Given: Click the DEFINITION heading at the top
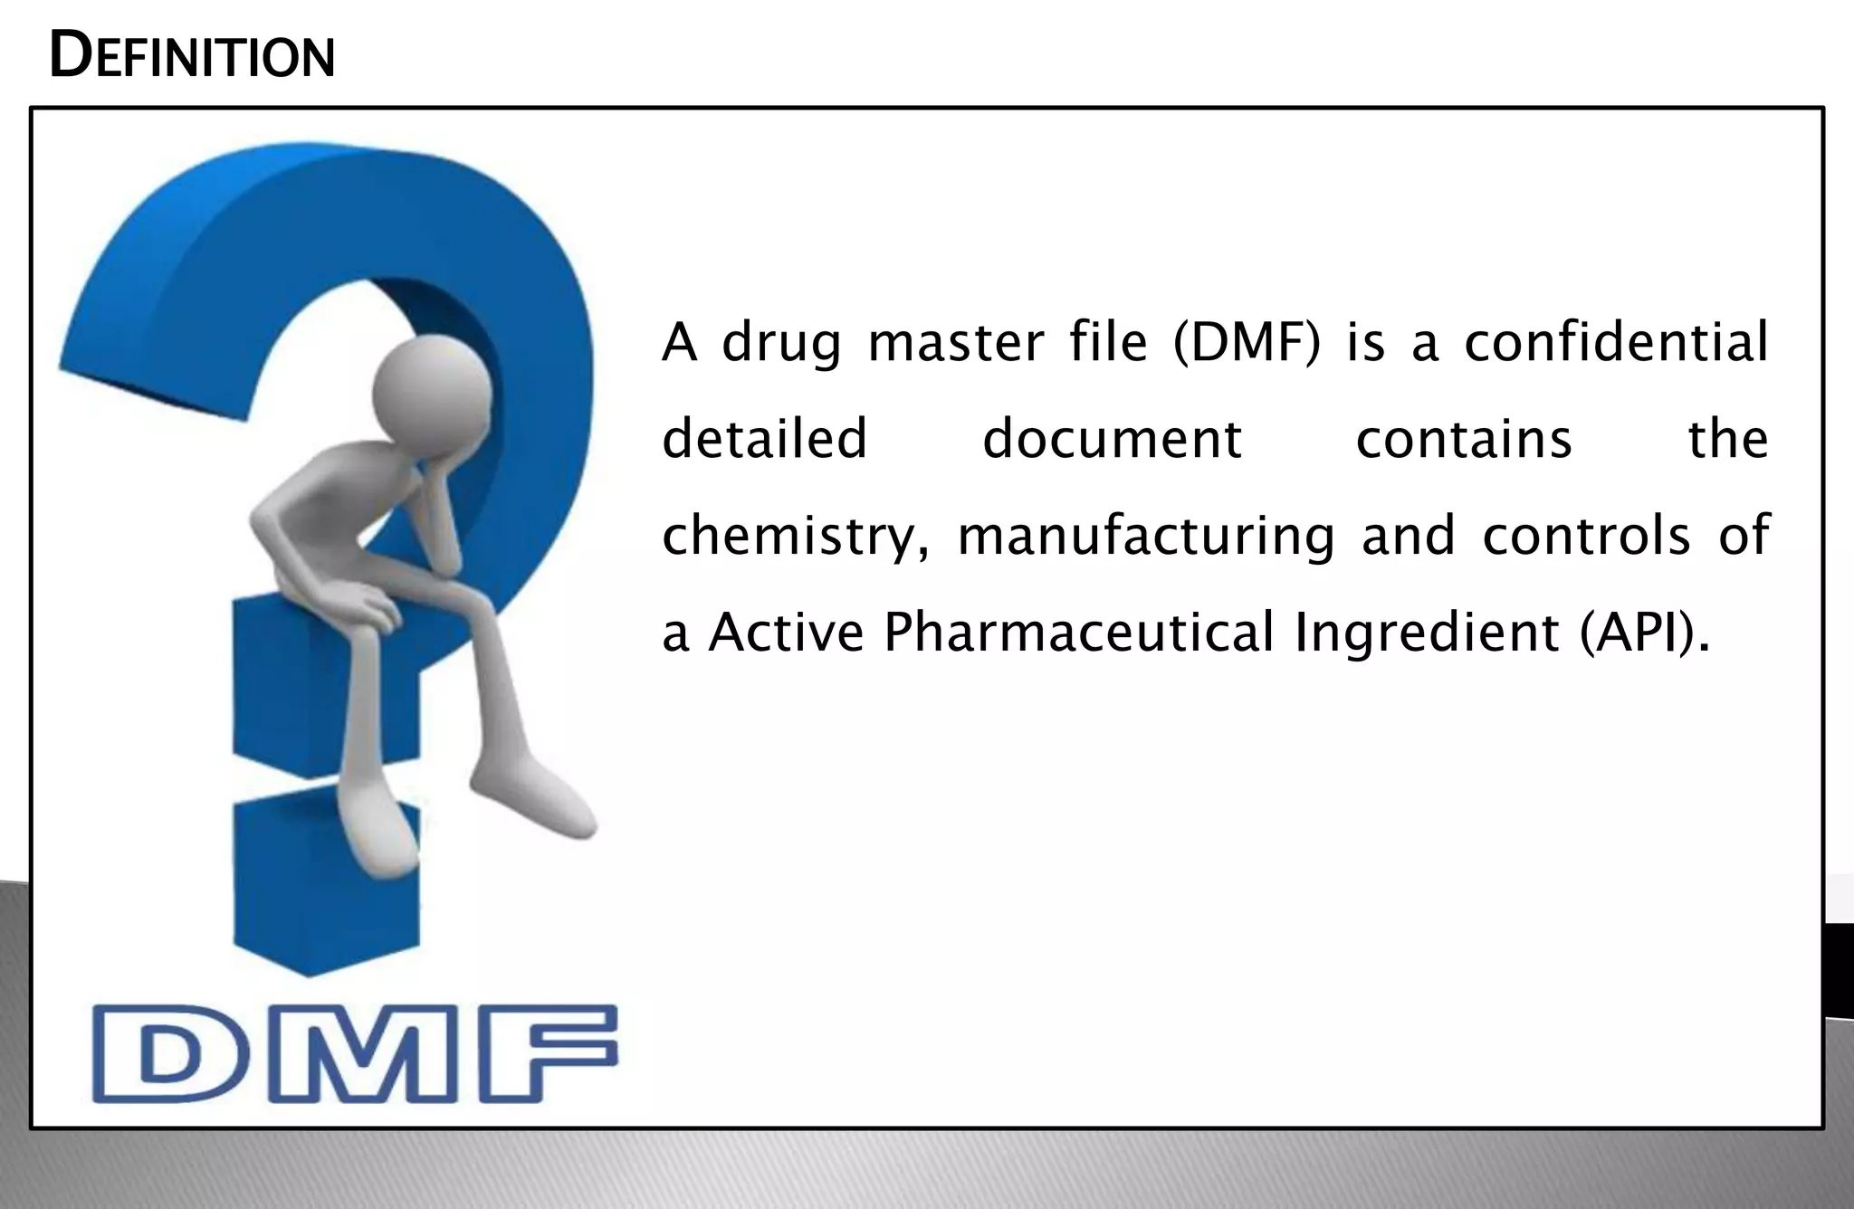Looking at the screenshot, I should [192, 56].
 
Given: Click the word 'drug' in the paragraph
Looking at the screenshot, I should [781, 344].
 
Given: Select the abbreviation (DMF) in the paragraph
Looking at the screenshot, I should [1247, 344].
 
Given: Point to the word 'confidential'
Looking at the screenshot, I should [1615, 344].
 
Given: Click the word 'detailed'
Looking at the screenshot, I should [765, 440].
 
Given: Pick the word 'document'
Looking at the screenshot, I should [1112, 440].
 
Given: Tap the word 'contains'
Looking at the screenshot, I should [1463, 440].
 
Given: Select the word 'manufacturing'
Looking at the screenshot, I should [1145, 537].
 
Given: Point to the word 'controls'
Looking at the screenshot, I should [1586, 537].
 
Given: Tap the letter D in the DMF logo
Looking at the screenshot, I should [168, 1054].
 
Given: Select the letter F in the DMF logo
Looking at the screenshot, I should [546, 1054].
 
